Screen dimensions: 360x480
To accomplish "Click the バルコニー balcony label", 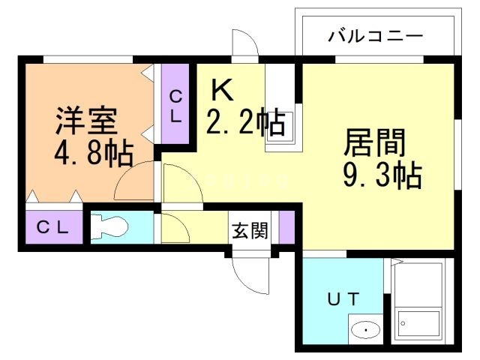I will pos(376,36).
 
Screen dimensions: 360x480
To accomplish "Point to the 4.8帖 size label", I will pos(93,154).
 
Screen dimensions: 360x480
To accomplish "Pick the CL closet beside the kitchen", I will pos(175,105).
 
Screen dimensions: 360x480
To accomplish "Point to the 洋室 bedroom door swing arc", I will pos(135,182).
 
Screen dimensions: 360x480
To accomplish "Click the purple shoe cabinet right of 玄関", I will pos(285,229).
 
